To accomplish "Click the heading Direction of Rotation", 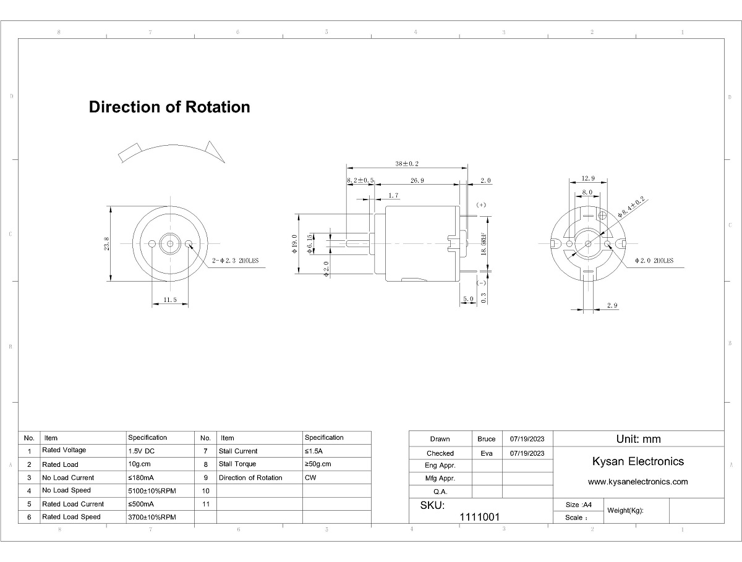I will (169, 107).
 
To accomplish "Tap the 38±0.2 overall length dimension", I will (407, 164).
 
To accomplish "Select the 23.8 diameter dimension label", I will (107, 243).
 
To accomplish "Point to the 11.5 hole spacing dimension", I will (170, 300).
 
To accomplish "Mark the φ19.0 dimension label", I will (294, 245).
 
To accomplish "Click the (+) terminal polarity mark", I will (482, 204).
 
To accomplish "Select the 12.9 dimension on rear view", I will (587, 178).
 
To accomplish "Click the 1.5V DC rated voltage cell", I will (142, 451).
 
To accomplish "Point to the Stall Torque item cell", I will (237, 464).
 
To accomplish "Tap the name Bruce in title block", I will (487, 439).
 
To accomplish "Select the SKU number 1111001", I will (480, 517).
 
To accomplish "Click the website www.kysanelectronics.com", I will (638, 482).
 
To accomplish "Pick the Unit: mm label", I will (638, 439).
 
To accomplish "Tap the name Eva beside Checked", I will (487, 453).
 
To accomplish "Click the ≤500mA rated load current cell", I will (142, 504).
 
